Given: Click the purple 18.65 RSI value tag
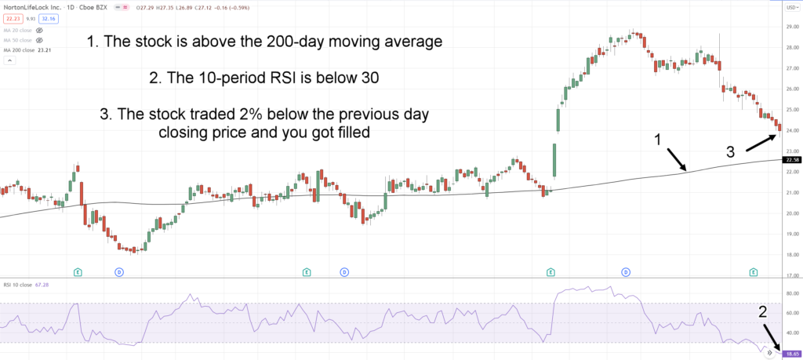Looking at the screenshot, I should (x=790, y=354).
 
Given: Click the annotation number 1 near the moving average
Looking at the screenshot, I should (x=659, y=139).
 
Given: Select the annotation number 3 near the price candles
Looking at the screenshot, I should (x=729, y=152).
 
